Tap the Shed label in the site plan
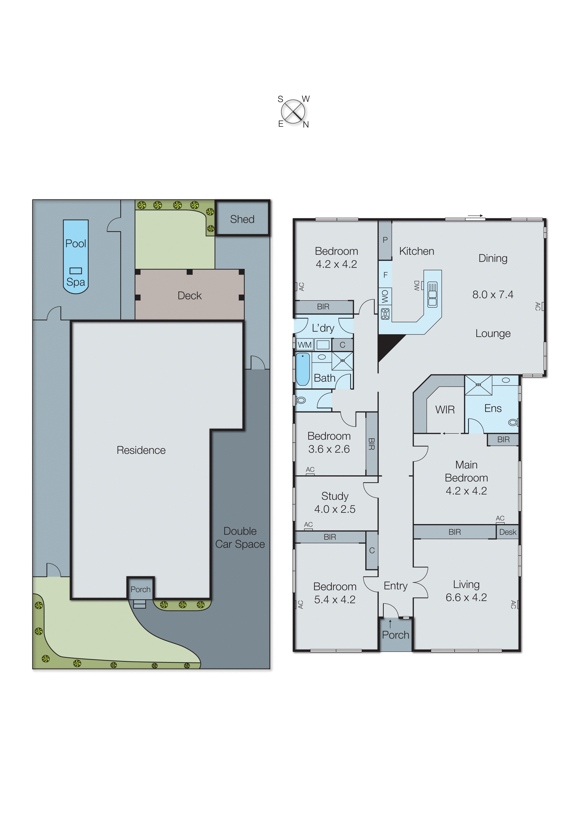(x=242, y=219)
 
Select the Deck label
(x=189, y=296)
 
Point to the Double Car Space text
(x=240, y=538)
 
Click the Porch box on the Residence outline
(x=140, y=589)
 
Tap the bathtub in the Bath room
(x=302, y=369)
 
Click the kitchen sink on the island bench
(x=432, y=295)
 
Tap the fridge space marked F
(x=385, y=275)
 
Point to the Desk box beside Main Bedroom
(x=507, y=532)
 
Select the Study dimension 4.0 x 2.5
(x=334, y=509)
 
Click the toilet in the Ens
(x=512, y=422)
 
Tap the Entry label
(x=395, y=586)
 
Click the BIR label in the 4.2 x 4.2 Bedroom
(x=323, y=307)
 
